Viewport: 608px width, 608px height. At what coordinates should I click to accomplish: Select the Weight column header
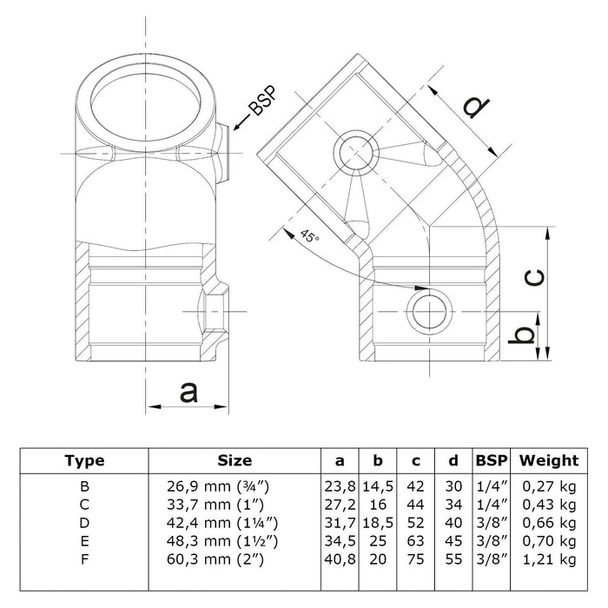click(548, 461)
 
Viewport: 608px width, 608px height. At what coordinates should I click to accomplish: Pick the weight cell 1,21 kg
click(548, 557)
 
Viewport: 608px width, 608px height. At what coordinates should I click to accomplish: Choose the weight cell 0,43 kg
click(548, 504)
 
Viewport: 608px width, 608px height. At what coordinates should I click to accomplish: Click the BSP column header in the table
click(492, 461)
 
